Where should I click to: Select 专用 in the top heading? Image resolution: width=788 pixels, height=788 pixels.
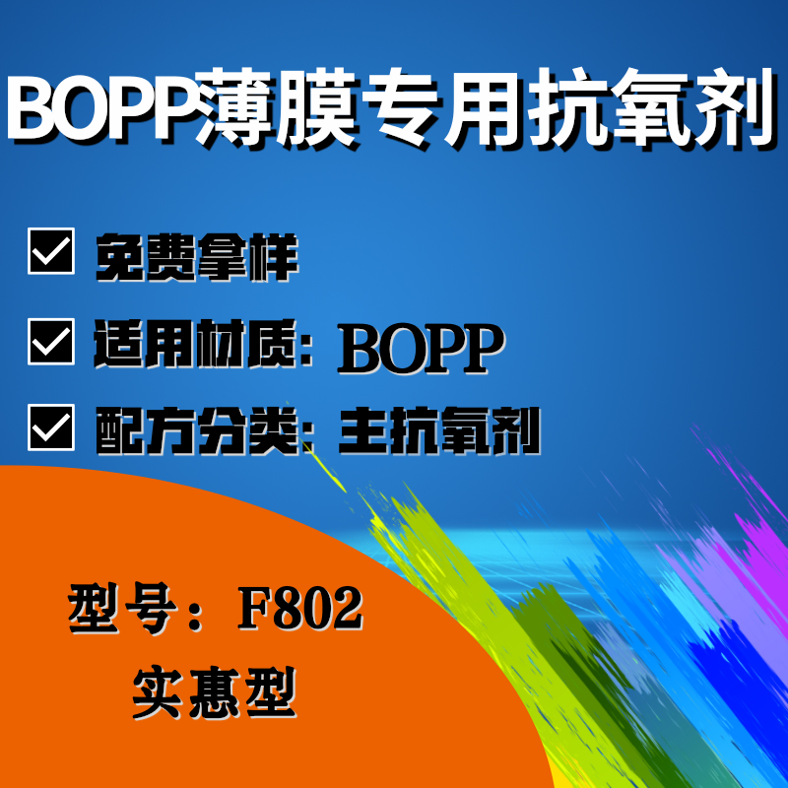(443, 107)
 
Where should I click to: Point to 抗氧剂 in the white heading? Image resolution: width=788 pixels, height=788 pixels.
(651, 107)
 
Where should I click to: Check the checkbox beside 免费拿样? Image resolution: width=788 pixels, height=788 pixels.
(51, 251)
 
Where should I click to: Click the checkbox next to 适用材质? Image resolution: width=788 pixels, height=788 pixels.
(51, 342)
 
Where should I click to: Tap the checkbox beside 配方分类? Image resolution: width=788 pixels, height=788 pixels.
(51, 427)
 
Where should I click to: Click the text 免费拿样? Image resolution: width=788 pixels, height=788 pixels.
(197, 257)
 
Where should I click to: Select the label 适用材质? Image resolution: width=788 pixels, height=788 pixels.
(195, 344)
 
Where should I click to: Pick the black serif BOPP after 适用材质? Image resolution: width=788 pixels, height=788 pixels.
(422, 349)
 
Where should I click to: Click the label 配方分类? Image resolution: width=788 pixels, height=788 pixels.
(197, 430)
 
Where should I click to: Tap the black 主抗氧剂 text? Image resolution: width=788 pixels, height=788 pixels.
(439, 430)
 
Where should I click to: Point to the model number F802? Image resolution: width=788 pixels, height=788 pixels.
(300, 609)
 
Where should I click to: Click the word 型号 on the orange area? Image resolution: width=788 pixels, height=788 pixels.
(122, 608)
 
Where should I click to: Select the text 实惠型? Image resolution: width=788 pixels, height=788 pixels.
(215, 692)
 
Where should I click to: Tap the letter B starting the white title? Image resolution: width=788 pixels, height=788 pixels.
(32, 107)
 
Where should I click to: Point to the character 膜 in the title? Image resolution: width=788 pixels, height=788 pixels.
(317, 107)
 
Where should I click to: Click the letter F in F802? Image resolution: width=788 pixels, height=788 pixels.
(255, 609)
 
